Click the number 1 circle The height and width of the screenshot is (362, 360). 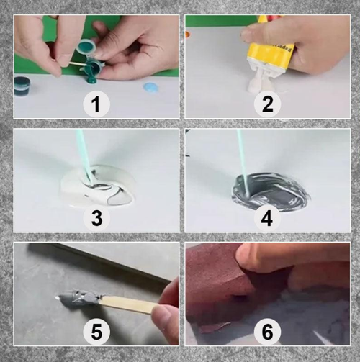click(x=96, y=105)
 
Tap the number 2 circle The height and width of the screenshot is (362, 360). click(x=268, y=105)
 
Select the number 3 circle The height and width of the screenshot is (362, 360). click(x=96, y=218)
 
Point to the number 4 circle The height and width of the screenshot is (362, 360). click(x=268, y=218)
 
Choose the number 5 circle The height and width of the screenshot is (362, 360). click(x=96, y=332)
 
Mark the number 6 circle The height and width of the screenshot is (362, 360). click(x=268, y=332)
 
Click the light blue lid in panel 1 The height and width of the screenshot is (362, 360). click(x=150, y=88)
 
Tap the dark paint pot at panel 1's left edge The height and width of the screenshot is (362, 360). click(x=22, y=86)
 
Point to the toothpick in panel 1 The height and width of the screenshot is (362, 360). click(x=71, y=64)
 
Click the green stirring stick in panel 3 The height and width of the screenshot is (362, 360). click(x=84, y=155)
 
